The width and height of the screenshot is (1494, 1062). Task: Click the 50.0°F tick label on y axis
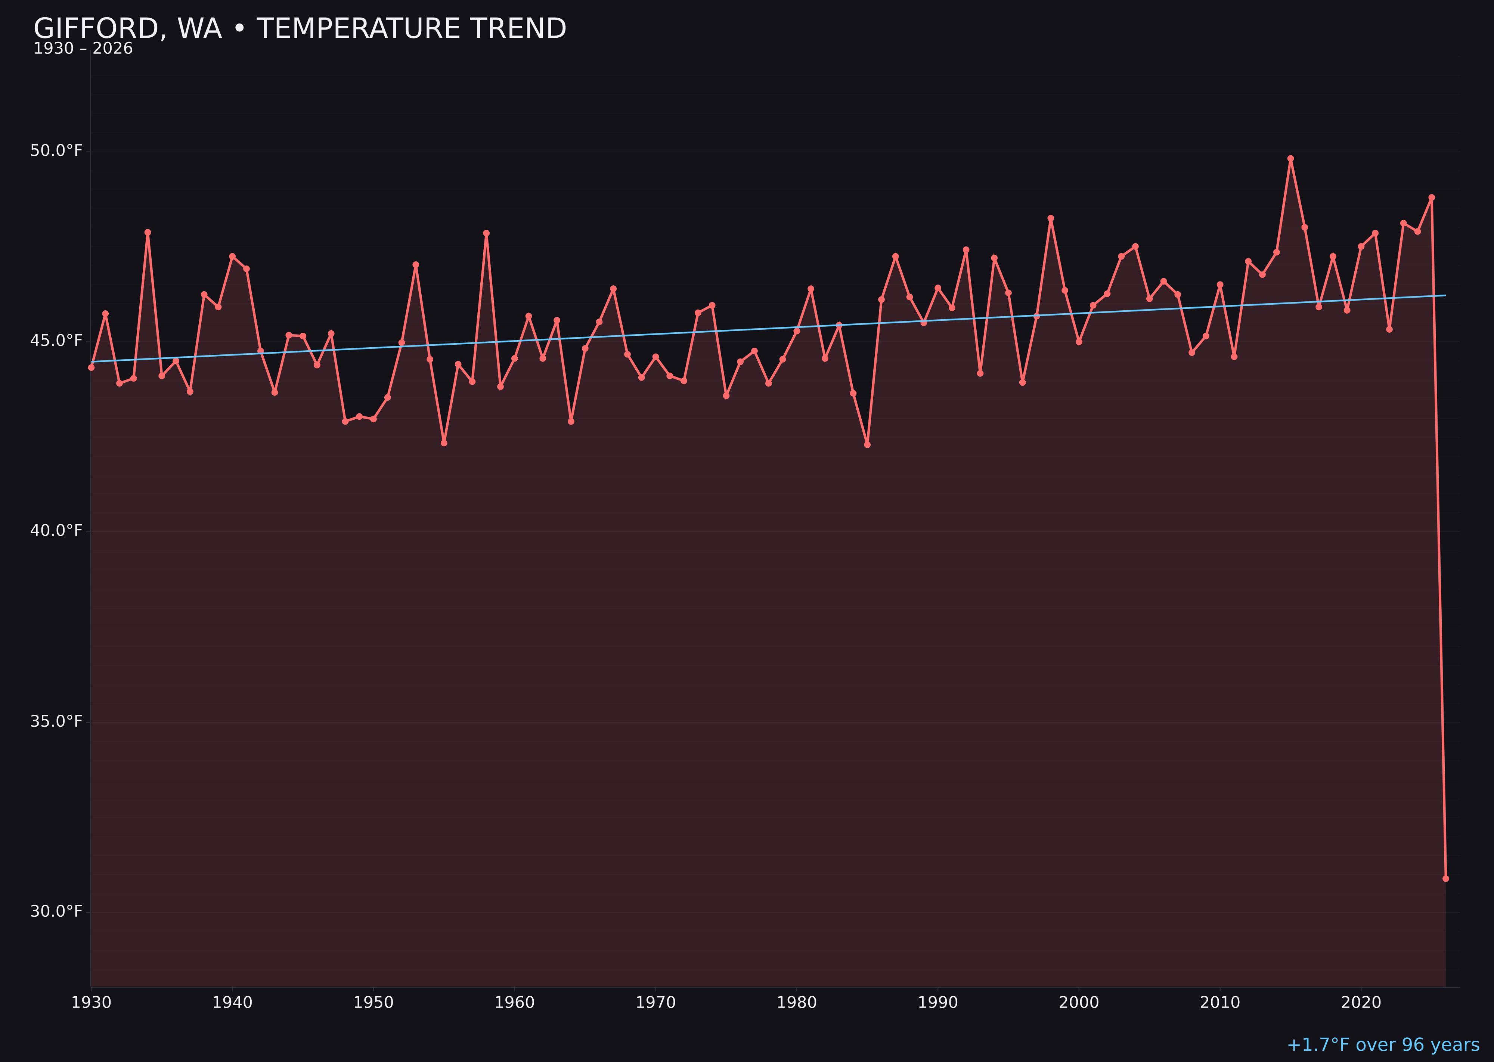click(x=56, y=151)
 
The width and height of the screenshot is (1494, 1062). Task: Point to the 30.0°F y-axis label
click(x=56, y=912)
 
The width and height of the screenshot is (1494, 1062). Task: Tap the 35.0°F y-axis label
click(x=56, y=721)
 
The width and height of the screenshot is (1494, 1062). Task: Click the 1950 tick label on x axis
click(x=373, y=1003)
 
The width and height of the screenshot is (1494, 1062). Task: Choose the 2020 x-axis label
click(x=1361, y=1003)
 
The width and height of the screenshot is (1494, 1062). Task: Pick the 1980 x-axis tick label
click(x=797, y=1003)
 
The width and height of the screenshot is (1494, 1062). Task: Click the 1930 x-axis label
click(x=92, y=1003)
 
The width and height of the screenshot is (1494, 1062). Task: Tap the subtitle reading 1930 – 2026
click(x=83, y=49)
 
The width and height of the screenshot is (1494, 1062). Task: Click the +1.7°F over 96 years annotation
click(x=1383, y=1045)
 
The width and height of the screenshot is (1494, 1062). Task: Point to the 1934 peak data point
click(x=148, y=232)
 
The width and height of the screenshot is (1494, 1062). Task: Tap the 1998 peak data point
click(x=1051, y=218)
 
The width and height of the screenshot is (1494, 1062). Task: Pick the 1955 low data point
click(x=444, y=443)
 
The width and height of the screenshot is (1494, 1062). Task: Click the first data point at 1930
click(x=92, y=367)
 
